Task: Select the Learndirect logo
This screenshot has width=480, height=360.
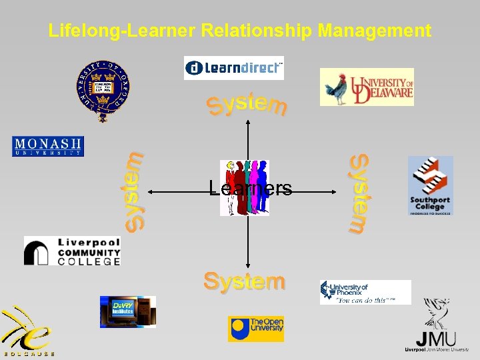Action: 233,68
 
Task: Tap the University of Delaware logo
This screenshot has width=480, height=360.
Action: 367,87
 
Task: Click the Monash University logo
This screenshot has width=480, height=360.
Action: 48,146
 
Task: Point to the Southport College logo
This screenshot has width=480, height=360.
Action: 430,185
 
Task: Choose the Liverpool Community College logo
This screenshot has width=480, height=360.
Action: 72,251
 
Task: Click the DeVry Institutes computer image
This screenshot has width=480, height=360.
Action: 127,311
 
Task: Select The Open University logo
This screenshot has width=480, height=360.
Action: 255,329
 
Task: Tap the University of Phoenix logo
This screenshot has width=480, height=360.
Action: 365,292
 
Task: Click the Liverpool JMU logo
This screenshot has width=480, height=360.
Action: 437,326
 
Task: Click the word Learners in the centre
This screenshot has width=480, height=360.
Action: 250,189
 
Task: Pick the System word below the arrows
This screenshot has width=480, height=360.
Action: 245,281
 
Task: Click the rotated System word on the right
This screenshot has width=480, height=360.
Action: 360,193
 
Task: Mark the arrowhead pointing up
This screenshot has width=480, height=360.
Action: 248,123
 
